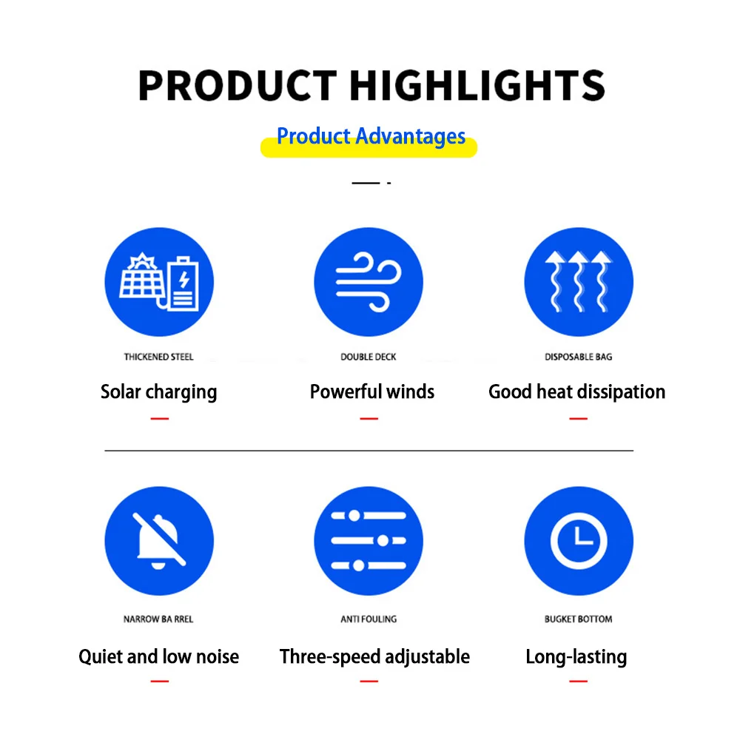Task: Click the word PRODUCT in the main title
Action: (237, 85)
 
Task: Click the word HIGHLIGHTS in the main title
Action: (477, 85)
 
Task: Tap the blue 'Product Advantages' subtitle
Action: (371, 136)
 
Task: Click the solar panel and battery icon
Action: (159, 282)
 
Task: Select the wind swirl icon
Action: (369, 282)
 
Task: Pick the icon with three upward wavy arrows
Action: (579, 282)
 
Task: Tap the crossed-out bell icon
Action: (159, 541)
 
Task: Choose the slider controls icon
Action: (369, 541)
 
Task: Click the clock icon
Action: (579, 541)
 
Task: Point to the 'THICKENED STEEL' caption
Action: (158, 357)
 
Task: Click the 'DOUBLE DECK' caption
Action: (369, 357)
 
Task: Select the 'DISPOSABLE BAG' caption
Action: (579, 357)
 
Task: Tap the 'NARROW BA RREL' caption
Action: (158, 619)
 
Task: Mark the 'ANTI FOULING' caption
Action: (369, 619)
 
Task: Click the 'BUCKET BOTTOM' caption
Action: (579, 619)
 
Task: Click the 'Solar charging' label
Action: (159, 392)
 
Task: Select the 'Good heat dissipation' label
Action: (577, 391)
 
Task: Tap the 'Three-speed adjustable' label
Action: (374, 657)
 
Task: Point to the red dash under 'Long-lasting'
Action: (579, 681)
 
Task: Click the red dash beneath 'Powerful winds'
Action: (369, 419)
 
